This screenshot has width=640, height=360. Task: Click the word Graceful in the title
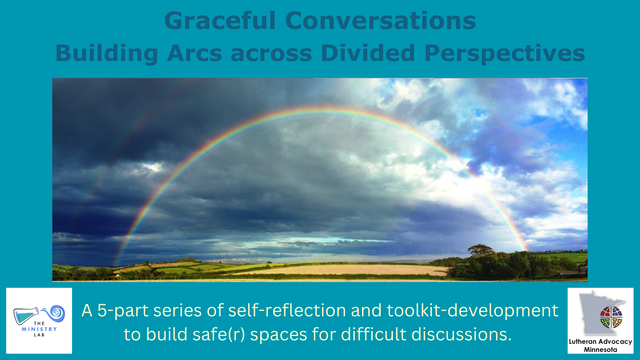click(x=220, y=21)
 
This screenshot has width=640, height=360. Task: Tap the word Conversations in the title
click(x=381, y=21)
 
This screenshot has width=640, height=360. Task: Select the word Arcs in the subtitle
click(x=195, y=53)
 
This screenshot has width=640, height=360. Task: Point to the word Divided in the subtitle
click(x=368, y=53)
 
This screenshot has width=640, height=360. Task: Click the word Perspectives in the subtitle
click(x=505, y=53)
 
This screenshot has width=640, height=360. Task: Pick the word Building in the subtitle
click(x=107, y=53)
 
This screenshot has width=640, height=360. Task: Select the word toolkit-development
click(x=472, y=311)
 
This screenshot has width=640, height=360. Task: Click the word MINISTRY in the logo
click(x=39, y=329)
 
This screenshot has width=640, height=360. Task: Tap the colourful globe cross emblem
click(x=611, y=317)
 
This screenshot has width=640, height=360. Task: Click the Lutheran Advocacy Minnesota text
click(x=600, y=345)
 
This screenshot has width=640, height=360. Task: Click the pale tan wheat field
click(x=343, y=270)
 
